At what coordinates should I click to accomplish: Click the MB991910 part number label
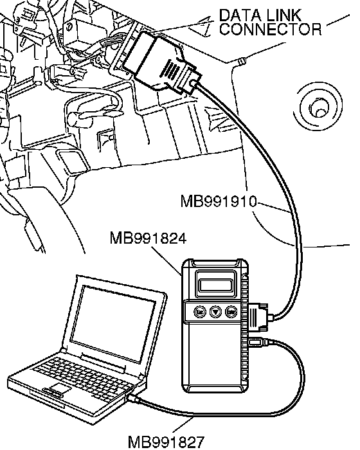(218, 201)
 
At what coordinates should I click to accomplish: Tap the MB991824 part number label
(148, 238)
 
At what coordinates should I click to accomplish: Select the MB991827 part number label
(166, 442)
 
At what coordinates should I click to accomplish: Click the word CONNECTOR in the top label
(270, 29)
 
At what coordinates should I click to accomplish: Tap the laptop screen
(113, 323)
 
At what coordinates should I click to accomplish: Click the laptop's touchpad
(61, 389)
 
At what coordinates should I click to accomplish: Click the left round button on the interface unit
(201, 312)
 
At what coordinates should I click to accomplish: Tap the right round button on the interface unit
(231, 312)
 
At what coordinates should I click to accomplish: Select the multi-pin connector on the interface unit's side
(258, 316)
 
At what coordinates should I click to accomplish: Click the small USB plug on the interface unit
(257, 342)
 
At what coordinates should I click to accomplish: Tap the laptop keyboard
(84, 377)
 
